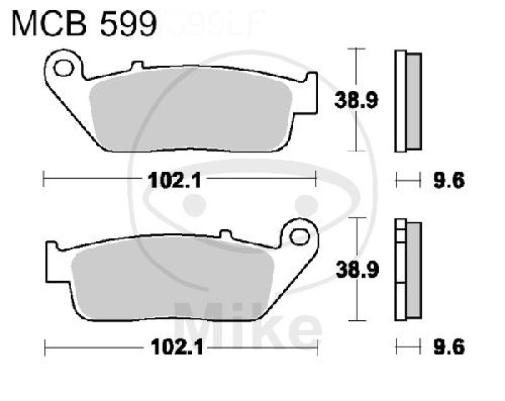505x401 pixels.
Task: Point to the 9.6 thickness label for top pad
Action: pyautogui.click(x=450, y=181)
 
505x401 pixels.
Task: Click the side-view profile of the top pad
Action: pyautogui.click(x=408, y=101)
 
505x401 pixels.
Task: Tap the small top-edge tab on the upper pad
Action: pyautogui.click(x=134, y=65)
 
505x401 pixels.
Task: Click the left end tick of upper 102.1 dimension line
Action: pyautogui.click(x=44, y=181)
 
